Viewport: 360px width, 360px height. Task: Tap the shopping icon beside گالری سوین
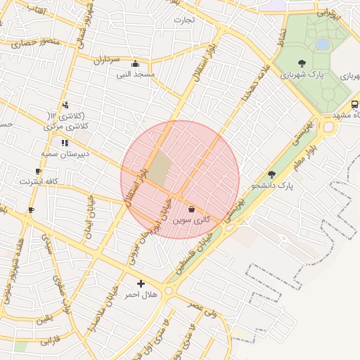click(191, 208)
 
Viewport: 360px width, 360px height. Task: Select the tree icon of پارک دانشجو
click(272, 174)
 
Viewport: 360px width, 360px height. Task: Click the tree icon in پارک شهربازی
click(302, 63)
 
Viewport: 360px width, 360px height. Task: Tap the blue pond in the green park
click(323, 44)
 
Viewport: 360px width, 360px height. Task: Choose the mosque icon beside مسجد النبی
click(135, 63)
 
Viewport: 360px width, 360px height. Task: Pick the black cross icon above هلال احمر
click(141, 283)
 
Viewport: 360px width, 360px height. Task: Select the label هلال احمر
click(141, 295)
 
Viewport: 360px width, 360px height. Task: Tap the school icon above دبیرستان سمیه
click(65, 142)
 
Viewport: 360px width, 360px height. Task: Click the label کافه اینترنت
click(37, 181)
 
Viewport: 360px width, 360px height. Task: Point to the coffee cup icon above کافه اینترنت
click(38, 171)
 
